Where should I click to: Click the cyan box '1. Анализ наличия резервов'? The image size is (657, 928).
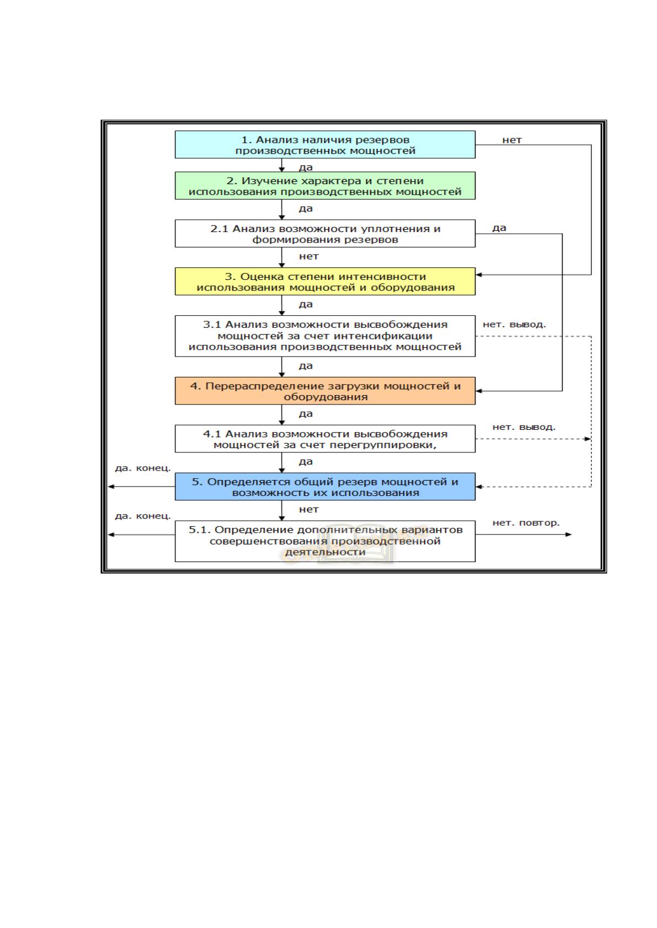pyautogui.click(x=325, y=144)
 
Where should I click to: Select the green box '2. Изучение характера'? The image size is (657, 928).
pyautogui.click(x=325, y=186)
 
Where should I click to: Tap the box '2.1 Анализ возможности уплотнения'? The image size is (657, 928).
pyautogui.click(x=325, y=233)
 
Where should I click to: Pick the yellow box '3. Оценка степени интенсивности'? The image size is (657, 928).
pyautogui.click(x=325, y=281)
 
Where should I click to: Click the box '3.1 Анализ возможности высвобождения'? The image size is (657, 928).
pyautogui.click(x=325, y=336)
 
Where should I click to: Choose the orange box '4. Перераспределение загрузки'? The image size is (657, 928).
pyautogui.click(x=325, y=391)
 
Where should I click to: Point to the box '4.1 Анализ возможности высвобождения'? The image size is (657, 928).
pyautogui.click(x=325, y=438)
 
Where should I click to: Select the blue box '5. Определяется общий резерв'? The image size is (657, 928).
pyautogui.click(x=325, y=487)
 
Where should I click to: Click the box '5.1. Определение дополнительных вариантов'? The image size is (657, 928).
pyautogui.click(x=325, y=541)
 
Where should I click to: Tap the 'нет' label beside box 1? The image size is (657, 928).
pyautogui.click(x=512, y=140)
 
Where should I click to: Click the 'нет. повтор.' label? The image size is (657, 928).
pyautogui.click(x=526, y=523)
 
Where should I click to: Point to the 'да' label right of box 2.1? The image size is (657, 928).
pyautogui.click(x=499, y=228)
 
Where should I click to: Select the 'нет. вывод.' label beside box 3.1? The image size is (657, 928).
pyautogui.click(x=514, y=325)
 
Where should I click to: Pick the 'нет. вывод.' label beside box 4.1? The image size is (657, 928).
pyautogui.click(x=524, y=427)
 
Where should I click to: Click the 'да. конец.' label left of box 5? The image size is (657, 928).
pyautogui.click(x=143, y=468)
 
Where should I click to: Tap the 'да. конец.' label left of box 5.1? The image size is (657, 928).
pyautogui.click(x=143, y=516)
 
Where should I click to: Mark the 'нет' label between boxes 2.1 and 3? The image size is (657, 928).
pyautogui.click(x=308, y=256)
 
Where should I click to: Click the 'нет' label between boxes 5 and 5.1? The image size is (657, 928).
pyautogui.click(x=308, y=510)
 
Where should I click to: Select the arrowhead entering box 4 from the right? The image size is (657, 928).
pyautogui.click(x=479, y=391)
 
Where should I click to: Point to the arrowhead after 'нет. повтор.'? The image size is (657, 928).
pyautogui.click(x=569, y=535)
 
